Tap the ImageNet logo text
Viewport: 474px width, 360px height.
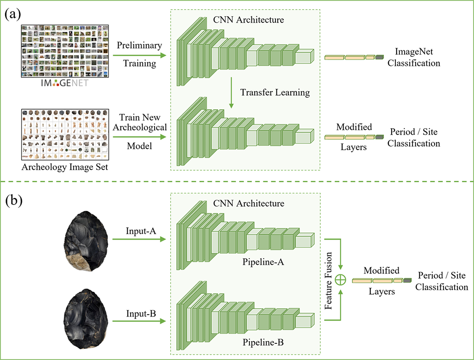coord(64,83)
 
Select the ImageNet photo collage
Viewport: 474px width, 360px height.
coord(64,51)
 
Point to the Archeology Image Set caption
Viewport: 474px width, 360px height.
coord(64,167)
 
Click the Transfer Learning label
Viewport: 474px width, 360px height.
coord(275,92)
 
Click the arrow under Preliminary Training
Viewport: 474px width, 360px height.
coord(139,55)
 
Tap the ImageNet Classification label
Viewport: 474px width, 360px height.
coord(414,57)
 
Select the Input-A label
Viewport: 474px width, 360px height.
coord(139,230)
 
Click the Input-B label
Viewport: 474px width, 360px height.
coord(139,313)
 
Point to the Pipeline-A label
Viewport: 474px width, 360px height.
coord(262,262)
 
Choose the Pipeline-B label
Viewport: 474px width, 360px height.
coord(262,343)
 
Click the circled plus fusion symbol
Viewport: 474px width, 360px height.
coord(341,279)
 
